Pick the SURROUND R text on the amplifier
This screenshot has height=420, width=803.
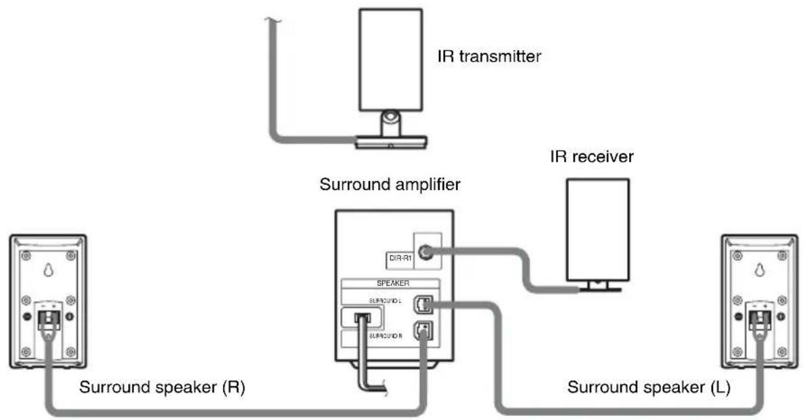tap(386, 335)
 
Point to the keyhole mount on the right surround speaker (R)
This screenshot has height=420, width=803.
tap(47, 269)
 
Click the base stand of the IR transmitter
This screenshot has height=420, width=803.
tap(392, 141)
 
